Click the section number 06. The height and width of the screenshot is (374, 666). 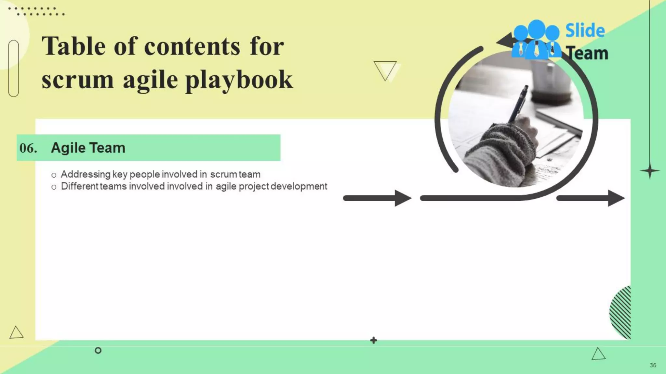[x=28, y=148]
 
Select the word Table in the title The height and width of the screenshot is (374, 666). [x=73, y=46]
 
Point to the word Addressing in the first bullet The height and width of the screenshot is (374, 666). [x=86, y=174]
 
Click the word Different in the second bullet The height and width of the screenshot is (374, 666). [x=80, y=186]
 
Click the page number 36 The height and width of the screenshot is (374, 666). [x=653, y=365]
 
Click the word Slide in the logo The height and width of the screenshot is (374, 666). [x=585, y=31]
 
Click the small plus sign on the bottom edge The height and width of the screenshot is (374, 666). [x=374, y=340]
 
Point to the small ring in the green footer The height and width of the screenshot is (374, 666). [x=98, y=350]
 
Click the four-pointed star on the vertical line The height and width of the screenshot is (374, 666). [x=650, y=171]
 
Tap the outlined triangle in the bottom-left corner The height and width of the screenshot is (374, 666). [x=16, y=333]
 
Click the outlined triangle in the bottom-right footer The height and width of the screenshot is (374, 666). [x=598, y=354]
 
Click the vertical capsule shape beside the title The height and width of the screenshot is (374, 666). [x=14, y=68]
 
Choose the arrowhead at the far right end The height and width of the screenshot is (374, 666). [x=616, y=198]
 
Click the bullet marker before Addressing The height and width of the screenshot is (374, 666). [x=54, y=175]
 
